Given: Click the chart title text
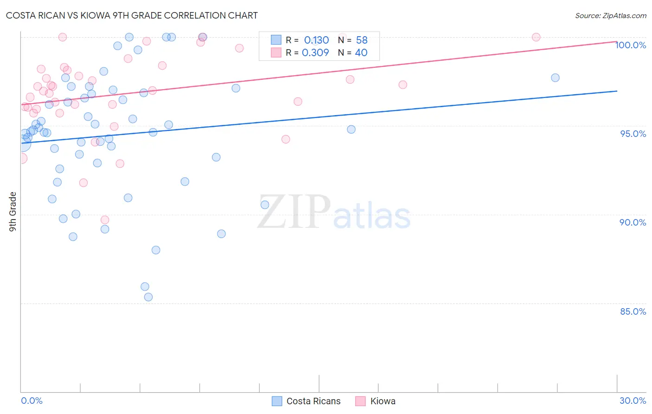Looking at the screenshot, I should (132, 15).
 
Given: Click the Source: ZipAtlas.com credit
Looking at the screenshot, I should (610, 16).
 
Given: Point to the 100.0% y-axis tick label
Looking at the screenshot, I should (631, 45).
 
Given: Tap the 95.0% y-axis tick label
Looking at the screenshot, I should (633, 134).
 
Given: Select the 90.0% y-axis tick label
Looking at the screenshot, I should (633, 222).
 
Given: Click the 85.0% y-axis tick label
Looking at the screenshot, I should (633, 311).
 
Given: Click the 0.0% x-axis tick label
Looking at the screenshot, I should (32, 401).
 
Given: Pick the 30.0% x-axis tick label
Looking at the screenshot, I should (633, 401).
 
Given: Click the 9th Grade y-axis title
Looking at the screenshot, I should (13, 212).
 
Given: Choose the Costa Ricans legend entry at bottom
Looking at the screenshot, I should (313, 401).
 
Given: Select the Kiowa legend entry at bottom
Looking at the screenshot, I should (383, 401).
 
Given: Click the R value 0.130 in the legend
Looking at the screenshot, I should (316, 40).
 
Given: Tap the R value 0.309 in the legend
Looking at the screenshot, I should (315, 53).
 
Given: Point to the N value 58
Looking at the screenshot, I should (362, 40).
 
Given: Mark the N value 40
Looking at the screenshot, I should (361, 53).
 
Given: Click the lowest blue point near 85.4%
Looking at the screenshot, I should (148, 297).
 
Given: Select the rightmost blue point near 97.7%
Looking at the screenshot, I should (555, 78).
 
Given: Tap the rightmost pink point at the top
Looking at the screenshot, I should (536, 37).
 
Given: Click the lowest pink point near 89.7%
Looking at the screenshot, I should (105, 220).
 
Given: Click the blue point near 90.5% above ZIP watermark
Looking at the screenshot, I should (265, 205).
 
